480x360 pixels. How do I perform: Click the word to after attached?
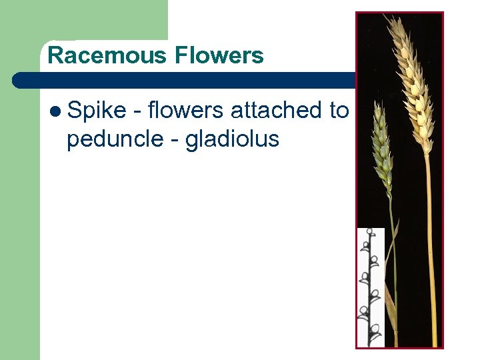click(339, 111)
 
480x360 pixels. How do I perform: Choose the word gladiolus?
click(231, 139)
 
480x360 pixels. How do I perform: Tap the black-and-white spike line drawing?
click(371, 287)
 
